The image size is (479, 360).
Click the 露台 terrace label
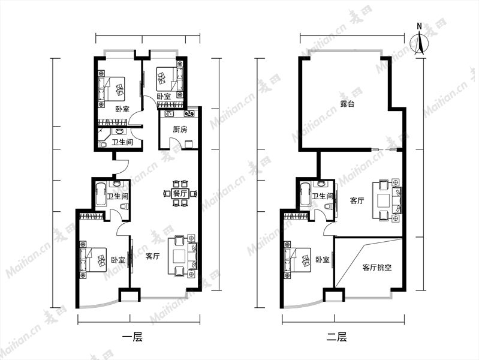347,104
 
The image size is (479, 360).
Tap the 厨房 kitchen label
180,130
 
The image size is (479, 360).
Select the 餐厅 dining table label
180,193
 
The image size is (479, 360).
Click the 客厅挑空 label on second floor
377,268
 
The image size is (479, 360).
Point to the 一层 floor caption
132,337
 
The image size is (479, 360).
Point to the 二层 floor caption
336,337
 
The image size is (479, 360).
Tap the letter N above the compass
420,26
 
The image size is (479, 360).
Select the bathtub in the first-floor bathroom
101,194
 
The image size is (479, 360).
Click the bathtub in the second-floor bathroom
306,194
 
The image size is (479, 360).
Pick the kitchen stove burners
189,114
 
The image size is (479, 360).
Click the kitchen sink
169,114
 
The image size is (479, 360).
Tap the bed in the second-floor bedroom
297,260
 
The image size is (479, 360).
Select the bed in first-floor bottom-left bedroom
94,260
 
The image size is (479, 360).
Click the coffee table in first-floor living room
179,256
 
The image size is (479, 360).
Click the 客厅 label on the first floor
152,256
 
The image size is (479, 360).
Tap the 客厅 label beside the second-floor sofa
357,201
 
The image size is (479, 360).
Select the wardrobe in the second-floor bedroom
296,217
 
